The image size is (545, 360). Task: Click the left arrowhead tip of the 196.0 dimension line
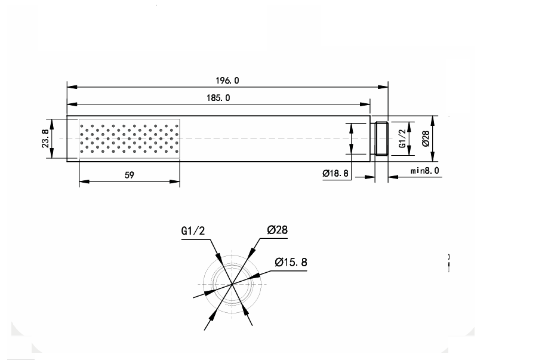67,87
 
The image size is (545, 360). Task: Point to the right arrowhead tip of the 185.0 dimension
370,104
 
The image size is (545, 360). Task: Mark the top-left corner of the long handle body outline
67,116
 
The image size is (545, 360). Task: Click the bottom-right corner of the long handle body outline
370,162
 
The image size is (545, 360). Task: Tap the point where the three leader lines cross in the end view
232,284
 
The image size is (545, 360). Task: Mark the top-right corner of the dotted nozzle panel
180,119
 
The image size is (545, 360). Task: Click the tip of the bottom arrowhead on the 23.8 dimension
51,158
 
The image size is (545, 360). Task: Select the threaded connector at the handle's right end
381,139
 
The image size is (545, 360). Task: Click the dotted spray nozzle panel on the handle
130,139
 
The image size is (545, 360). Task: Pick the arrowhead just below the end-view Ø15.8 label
255,276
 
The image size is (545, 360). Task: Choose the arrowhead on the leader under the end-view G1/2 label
218,257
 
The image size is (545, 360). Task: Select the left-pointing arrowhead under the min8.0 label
393,177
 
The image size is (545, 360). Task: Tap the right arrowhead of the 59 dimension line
174,181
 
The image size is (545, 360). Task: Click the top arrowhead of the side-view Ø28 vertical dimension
433,121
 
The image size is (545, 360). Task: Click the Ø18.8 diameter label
335,173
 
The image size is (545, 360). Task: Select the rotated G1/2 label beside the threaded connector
402,139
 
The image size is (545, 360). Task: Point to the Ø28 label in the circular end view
278,230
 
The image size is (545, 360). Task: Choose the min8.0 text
425,171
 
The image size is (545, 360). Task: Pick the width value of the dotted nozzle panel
130,175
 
